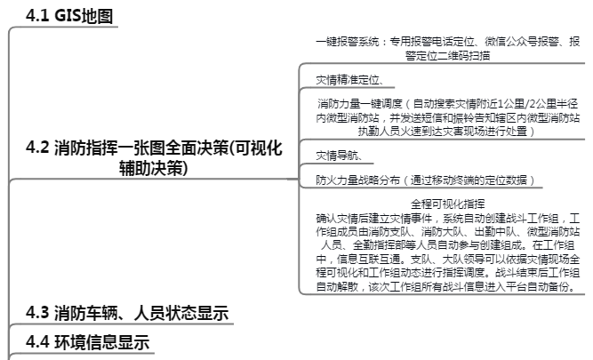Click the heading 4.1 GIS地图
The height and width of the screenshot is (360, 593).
pyautogui.click(x=70, y=15)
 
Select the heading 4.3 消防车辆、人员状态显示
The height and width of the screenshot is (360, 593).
pyautogui.click(x=127, y=312)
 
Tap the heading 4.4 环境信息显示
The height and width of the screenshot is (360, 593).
pyautogui.click(x=87, y=342)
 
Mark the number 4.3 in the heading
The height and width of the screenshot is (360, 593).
pyautogui.click(x=36, y=312)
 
